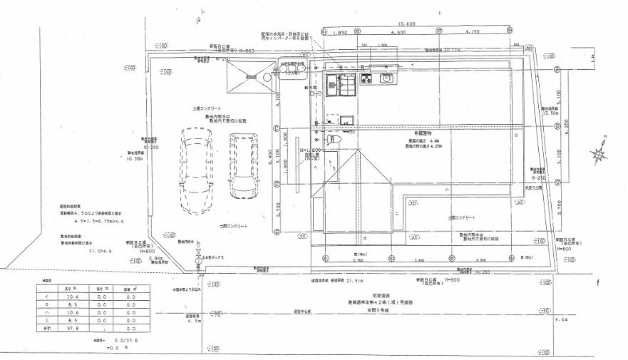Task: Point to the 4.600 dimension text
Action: tap(398, 33)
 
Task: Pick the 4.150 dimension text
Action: tap(471, 33)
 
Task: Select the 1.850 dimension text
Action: tap(339, 33)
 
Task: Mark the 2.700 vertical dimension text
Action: tap(277, 208)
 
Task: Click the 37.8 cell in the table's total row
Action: tap(72, 330)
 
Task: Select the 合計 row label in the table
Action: tap(47, 330)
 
